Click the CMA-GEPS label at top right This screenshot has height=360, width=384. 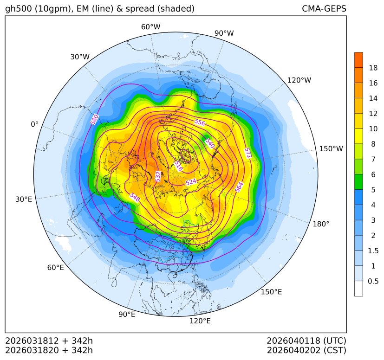[x=324, y=9]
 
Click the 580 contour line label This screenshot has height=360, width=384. [x=95, y=119]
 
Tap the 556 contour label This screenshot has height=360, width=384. [x=200, y=122]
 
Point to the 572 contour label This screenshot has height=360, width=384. [x=248, y=153]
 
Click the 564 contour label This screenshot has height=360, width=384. [x=239, y=186]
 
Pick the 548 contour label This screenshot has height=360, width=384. [x=135, y=197]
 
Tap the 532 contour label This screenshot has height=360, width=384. [x=158, y=176]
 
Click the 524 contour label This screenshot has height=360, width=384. [x=191, y=182]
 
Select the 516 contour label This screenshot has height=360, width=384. [x=178, y=166]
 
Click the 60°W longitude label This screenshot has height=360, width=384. [x=150, y=27]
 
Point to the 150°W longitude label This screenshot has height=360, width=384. [x=331, y=149]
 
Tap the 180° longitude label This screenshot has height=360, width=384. [x=321, y=224]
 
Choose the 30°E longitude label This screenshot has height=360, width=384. [x=24, y=199]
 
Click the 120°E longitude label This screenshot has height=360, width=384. [x=200, y=321]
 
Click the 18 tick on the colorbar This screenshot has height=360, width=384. [x=373, y=68]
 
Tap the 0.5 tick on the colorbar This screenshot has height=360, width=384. [x=373, y=281]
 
